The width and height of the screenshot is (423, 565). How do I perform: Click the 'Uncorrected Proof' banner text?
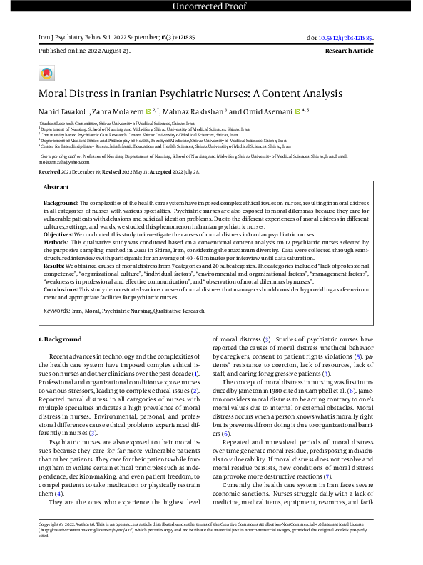(x=211, y=7)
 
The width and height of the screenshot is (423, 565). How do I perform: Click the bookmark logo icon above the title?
(x=46, y=74)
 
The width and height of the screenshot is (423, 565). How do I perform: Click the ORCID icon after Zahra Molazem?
(x=148, y=111)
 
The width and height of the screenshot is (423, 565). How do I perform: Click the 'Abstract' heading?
(x=56, y=186)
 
